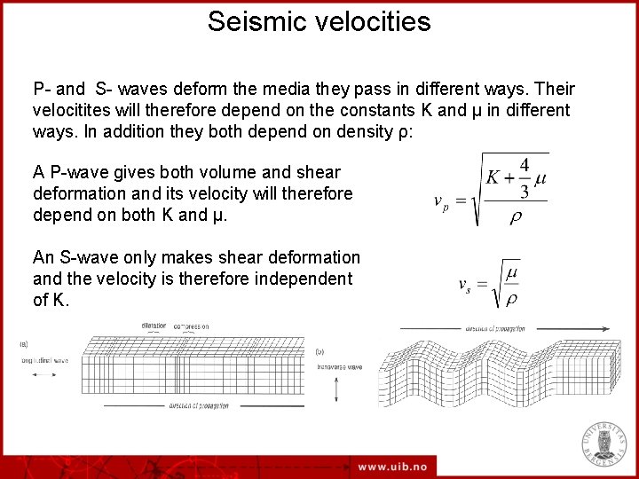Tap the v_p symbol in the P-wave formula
pyautogui.click(x=441, y=201)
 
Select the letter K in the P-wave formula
pyautogui.click(x=493, y=177)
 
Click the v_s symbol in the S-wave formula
pyautogui.click(x=465, y=285)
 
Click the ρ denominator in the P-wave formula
pyautogui.click(x=515, y=217)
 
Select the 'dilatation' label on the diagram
pyautogui.click(x=154, y=326)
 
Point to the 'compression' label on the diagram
pyautogui.click(x=191, y=326)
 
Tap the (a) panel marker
pyautogui.click(x=23, y=344)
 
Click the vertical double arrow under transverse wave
pyautogui.click(x=337, y=388)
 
